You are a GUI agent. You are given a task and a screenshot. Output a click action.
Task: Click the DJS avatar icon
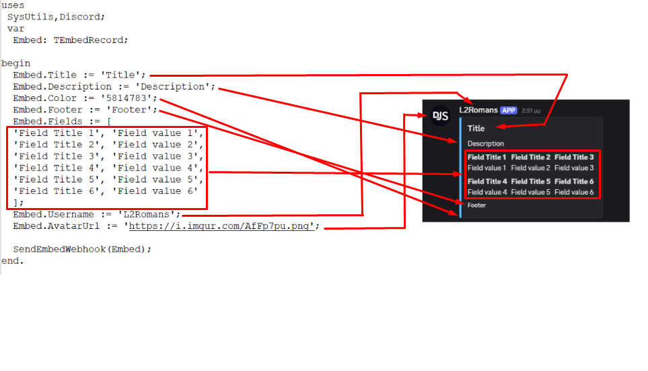point(441,116)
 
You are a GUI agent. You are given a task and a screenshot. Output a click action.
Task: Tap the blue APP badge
point(508,110)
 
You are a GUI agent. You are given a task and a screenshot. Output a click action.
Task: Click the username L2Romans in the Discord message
point(478,110)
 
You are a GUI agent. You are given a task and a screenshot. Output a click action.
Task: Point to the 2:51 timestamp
point(531,111)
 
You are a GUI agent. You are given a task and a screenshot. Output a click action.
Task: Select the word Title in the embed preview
point(476,128)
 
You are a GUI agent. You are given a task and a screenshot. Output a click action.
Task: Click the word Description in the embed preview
point(486,143)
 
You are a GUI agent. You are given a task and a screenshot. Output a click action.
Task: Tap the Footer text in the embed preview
point(476,205)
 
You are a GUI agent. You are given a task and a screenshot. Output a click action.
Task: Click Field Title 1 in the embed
point(487,157)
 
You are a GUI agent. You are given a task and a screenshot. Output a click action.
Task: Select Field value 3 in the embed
point(574,168)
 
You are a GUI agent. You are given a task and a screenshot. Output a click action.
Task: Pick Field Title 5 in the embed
point(531,181)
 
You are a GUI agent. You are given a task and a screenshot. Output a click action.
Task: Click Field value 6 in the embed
point(574,192)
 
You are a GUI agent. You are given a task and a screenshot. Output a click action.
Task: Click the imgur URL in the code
point(221,226)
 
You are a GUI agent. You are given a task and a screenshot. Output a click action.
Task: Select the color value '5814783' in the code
point(129,98)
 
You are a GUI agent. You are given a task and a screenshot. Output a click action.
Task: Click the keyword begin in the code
point(15,64)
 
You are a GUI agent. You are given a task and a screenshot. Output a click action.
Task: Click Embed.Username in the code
point(53,215)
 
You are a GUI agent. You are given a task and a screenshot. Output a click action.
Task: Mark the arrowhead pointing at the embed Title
point(500,126)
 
